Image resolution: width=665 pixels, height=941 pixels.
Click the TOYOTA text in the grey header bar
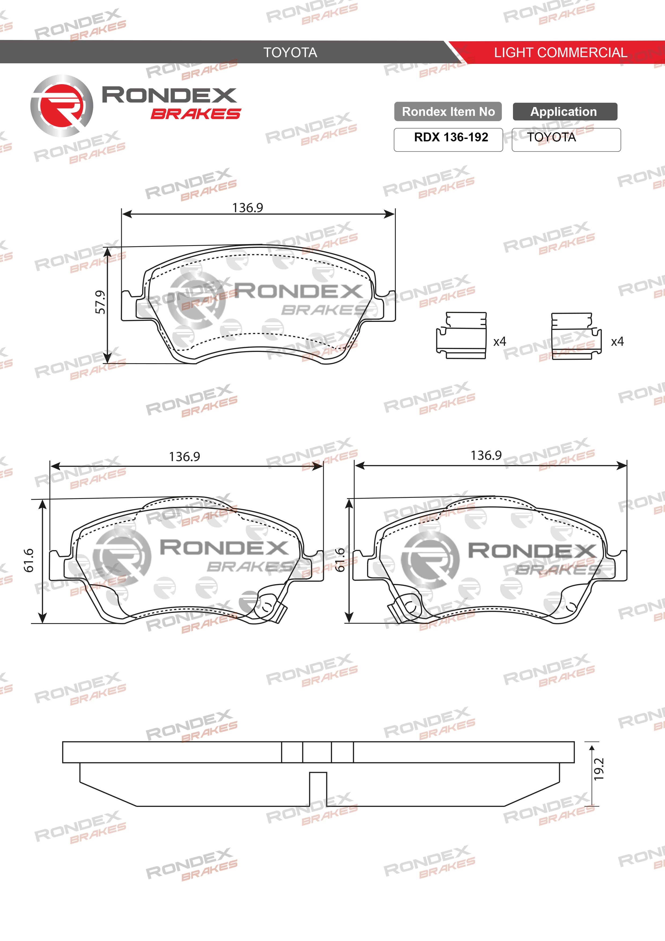290,53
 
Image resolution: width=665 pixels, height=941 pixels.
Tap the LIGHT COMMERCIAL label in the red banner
560,53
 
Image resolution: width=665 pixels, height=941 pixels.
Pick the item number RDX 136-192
451,137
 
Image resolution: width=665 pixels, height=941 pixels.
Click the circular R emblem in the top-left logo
61,105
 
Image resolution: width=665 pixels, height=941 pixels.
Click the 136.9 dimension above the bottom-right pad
486,455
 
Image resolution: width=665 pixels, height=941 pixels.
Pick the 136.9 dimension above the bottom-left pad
184,457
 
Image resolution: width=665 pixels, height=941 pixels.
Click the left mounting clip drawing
461,336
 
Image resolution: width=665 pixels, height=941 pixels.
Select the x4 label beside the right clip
617,341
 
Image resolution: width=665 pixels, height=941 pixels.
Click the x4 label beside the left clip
500,341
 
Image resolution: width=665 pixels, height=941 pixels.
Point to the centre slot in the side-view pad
317,789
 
